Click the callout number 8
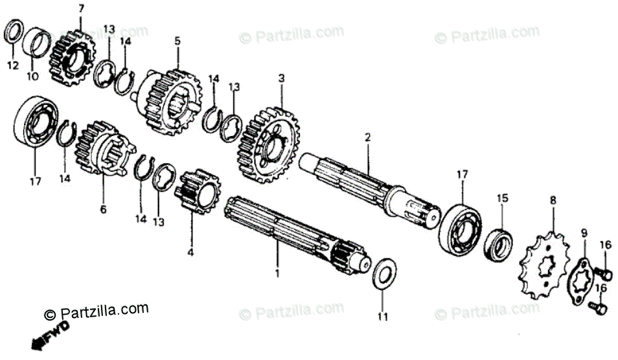[553, 201]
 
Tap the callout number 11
[382, 317]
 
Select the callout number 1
[277, 273]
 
